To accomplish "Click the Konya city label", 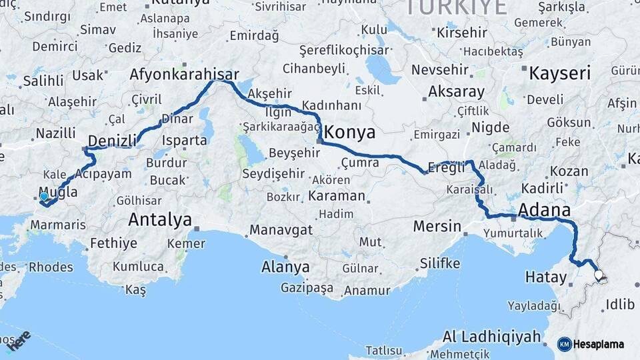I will pos(349,132).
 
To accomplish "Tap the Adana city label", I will pos(544,211).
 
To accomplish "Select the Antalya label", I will pos(160,219).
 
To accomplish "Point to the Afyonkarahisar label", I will pos(184,73).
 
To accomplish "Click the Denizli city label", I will pos(113,141).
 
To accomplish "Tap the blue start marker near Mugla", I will pos(44,197).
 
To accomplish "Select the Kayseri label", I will pos(560,73).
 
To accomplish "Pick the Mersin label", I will pos(437,226).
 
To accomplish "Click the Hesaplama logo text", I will pos(599,344).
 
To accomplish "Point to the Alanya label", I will pos(285,267).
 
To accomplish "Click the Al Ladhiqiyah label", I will pos(493,337).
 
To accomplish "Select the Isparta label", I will pos(184,141).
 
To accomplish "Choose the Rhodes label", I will pos(51,267).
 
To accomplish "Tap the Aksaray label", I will pos(457,91).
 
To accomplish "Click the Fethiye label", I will pos(114,243).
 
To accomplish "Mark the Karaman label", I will pos(337,196).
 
